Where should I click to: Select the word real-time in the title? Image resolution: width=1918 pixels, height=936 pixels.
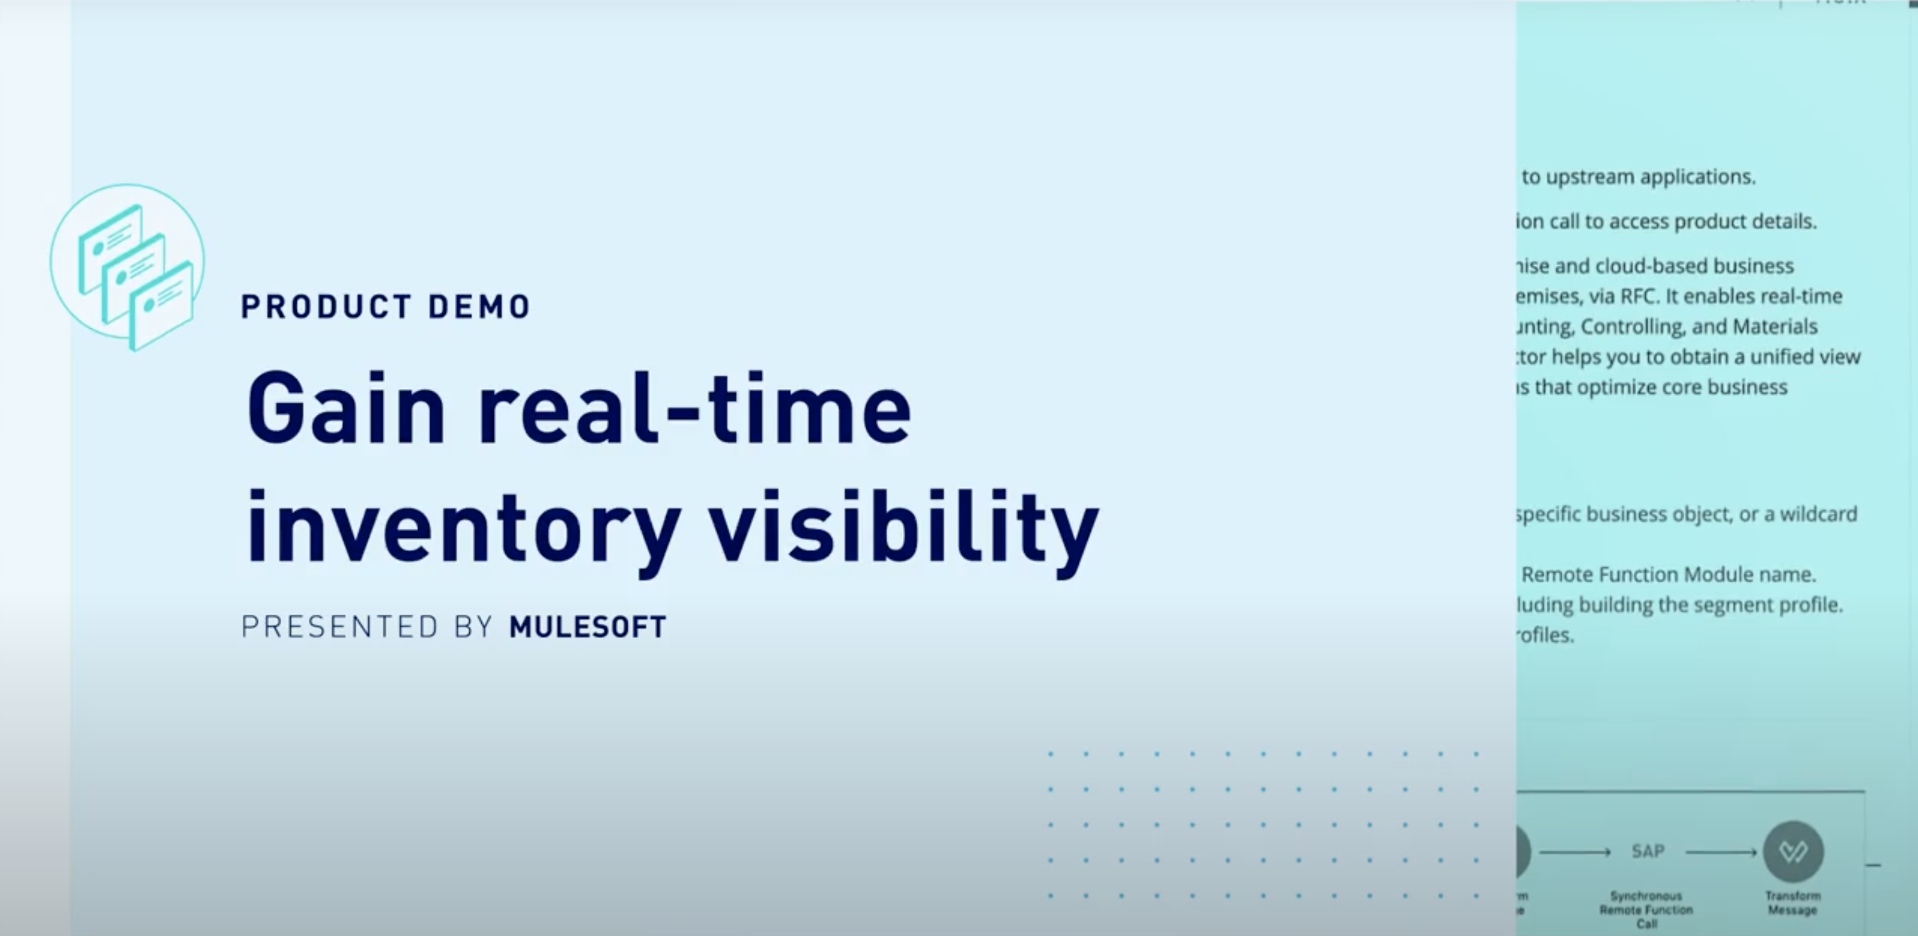[x=694, y=409]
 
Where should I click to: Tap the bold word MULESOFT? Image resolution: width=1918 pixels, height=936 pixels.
[x=587, y=627]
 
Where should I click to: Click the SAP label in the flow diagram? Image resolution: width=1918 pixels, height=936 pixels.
[x=1648, y=851]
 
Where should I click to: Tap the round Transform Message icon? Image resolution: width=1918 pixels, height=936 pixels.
[x=1793, y=851]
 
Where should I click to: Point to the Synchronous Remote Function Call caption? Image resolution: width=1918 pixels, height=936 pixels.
[x=1646, y=909]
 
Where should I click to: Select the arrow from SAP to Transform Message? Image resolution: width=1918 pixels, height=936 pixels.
[x=1721, y=852]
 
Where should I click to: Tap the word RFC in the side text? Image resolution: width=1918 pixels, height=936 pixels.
[x=1637, y=296]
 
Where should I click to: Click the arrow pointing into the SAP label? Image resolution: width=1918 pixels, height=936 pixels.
[x=1575, y=852]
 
